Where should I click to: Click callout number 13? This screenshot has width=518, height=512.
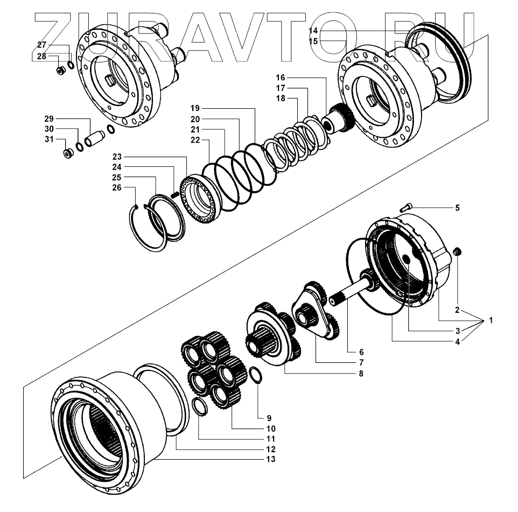tap(270, 459)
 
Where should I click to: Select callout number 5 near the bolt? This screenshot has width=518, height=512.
tap(457, 207)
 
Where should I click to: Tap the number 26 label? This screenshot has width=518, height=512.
tap(116, 187)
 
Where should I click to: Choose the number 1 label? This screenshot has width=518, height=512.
tap(491, 320)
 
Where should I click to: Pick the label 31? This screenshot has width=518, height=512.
tap(49, 140)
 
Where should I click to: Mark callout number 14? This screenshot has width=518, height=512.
tap(313, 31)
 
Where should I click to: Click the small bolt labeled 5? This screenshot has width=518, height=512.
tap(408, 205)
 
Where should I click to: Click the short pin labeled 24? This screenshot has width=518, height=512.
tap(174, 194)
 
